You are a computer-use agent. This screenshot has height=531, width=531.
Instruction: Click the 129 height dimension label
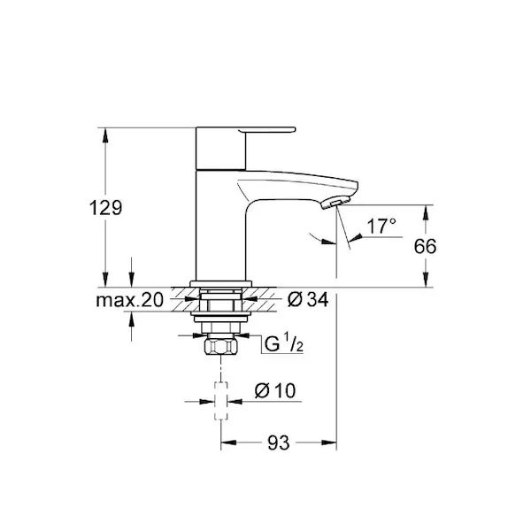coord(105,207)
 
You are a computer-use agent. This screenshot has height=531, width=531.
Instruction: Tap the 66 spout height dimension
coord(425,246)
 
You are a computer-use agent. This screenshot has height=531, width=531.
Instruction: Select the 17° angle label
coord(381,226)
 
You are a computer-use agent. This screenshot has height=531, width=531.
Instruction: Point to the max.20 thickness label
coord(130,300)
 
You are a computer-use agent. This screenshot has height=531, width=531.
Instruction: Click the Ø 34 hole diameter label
coord(308,300)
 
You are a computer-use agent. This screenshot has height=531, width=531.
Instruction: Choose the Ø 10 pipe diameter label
coord(275,390)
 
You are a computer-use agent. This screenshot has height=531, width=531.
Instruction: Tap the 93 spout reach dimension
coord(279,442)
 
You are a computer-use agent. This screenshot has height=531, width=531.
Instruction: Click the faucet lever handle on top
coord(246,130)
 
